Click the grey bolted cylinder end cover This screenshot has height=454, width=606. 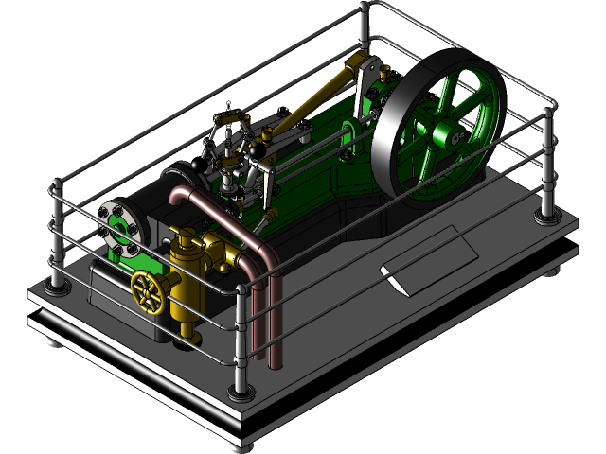[120, 228]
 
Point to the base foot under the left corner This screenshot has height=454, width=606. [55, 340]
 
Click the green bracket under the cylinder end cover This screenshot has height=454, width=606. [137, 260]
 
